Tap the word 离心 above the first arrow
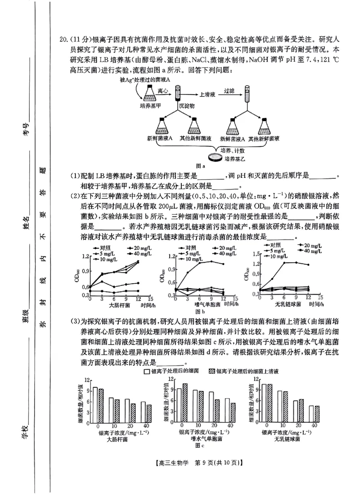coord(163,91)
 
